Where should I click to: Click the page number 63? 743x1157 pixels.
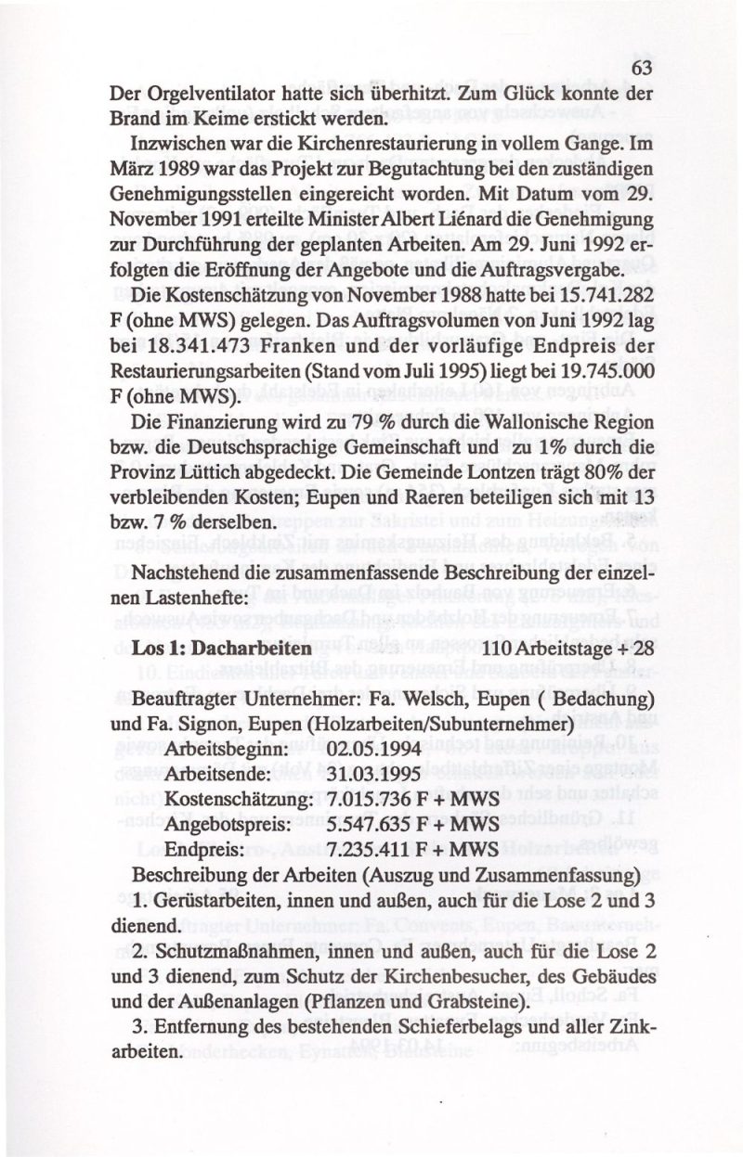[x=642, y=70]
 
